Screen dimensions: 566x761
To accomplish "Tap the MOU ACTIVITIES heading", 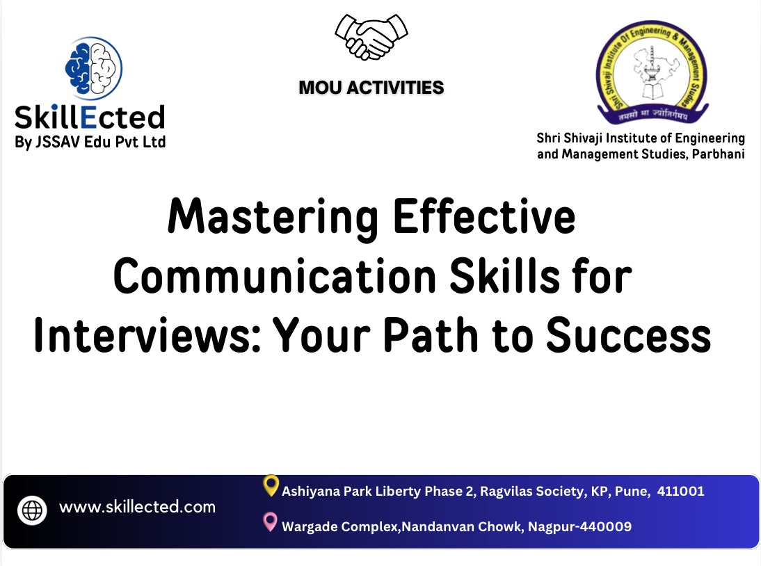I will coord(371,88).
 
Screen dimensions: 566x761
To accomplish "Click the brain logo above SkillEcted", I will coord(93,67).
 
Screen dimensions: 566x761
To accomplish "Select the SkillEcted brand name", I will coord(90,117).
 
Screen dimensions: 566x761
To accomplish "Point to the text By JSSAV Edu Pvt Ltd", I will coord(90,143).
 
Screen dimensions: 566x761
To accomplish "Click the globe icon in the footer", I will coord(33,510).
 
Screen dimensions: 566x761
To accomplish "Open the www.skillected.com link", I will coord(137,507).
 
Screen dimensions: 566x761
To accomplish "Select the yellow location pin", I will coord(271,486).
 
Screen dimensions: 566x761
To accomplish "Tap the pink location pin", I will coord(271,522).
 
